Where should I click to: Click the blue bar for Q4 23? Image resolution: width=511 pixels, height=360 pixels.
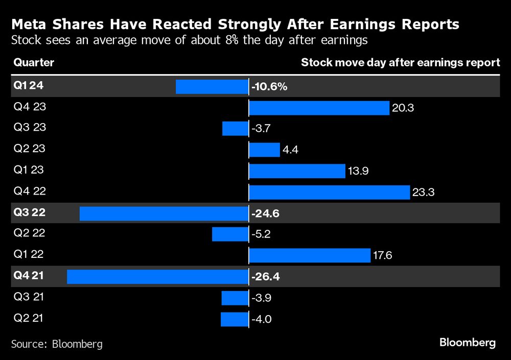319,108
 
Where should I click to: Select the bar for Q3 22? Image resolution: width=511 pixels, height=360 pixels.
164,213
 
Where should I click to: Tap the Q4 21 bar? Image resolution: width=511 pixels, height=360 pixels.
157,277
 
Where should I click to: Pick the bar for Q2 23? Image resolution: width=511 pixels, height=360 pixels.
264,150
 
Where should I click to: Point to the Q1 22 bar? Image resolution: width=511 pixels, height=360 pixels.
309,255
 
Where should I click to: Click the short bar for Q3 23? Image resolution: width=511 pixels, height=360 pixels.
235,129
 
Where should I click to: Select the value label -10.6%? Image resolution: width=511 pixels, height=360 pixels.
269,87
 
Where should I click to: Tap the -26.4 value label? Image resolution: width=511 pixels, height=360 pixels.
266,277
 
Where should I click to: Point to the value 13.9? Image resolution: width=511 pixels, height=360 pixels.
358,171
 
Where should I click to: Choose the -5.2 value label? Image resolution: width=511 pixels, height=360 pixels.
261,234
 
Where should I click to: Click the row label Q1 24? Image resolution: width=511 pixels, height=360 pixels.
29,86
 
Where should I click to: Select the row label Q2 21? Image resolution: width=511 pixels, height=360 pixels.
29,318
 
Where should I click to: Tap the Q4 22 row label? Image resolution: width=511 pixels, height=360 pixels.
29,191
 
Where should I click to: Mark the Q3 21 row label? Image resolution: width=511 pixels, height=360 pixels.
29,297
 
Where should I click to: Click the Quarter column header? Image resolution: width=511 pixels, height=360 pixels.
34,63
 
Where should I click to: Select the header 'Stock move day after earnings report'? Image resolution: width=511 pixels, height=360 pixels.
400,63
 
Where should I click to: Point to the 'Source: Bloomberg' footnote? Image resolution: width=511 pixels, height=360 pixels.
57,344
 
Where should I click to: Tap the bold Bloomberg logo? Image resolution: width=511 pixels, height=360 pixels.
468,343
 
